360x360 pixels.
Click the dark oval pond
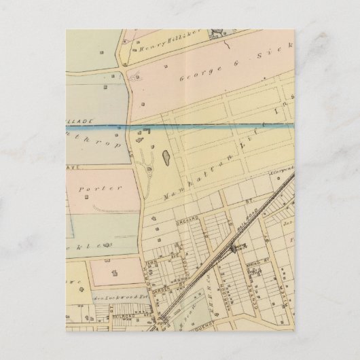click(164, 159)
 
